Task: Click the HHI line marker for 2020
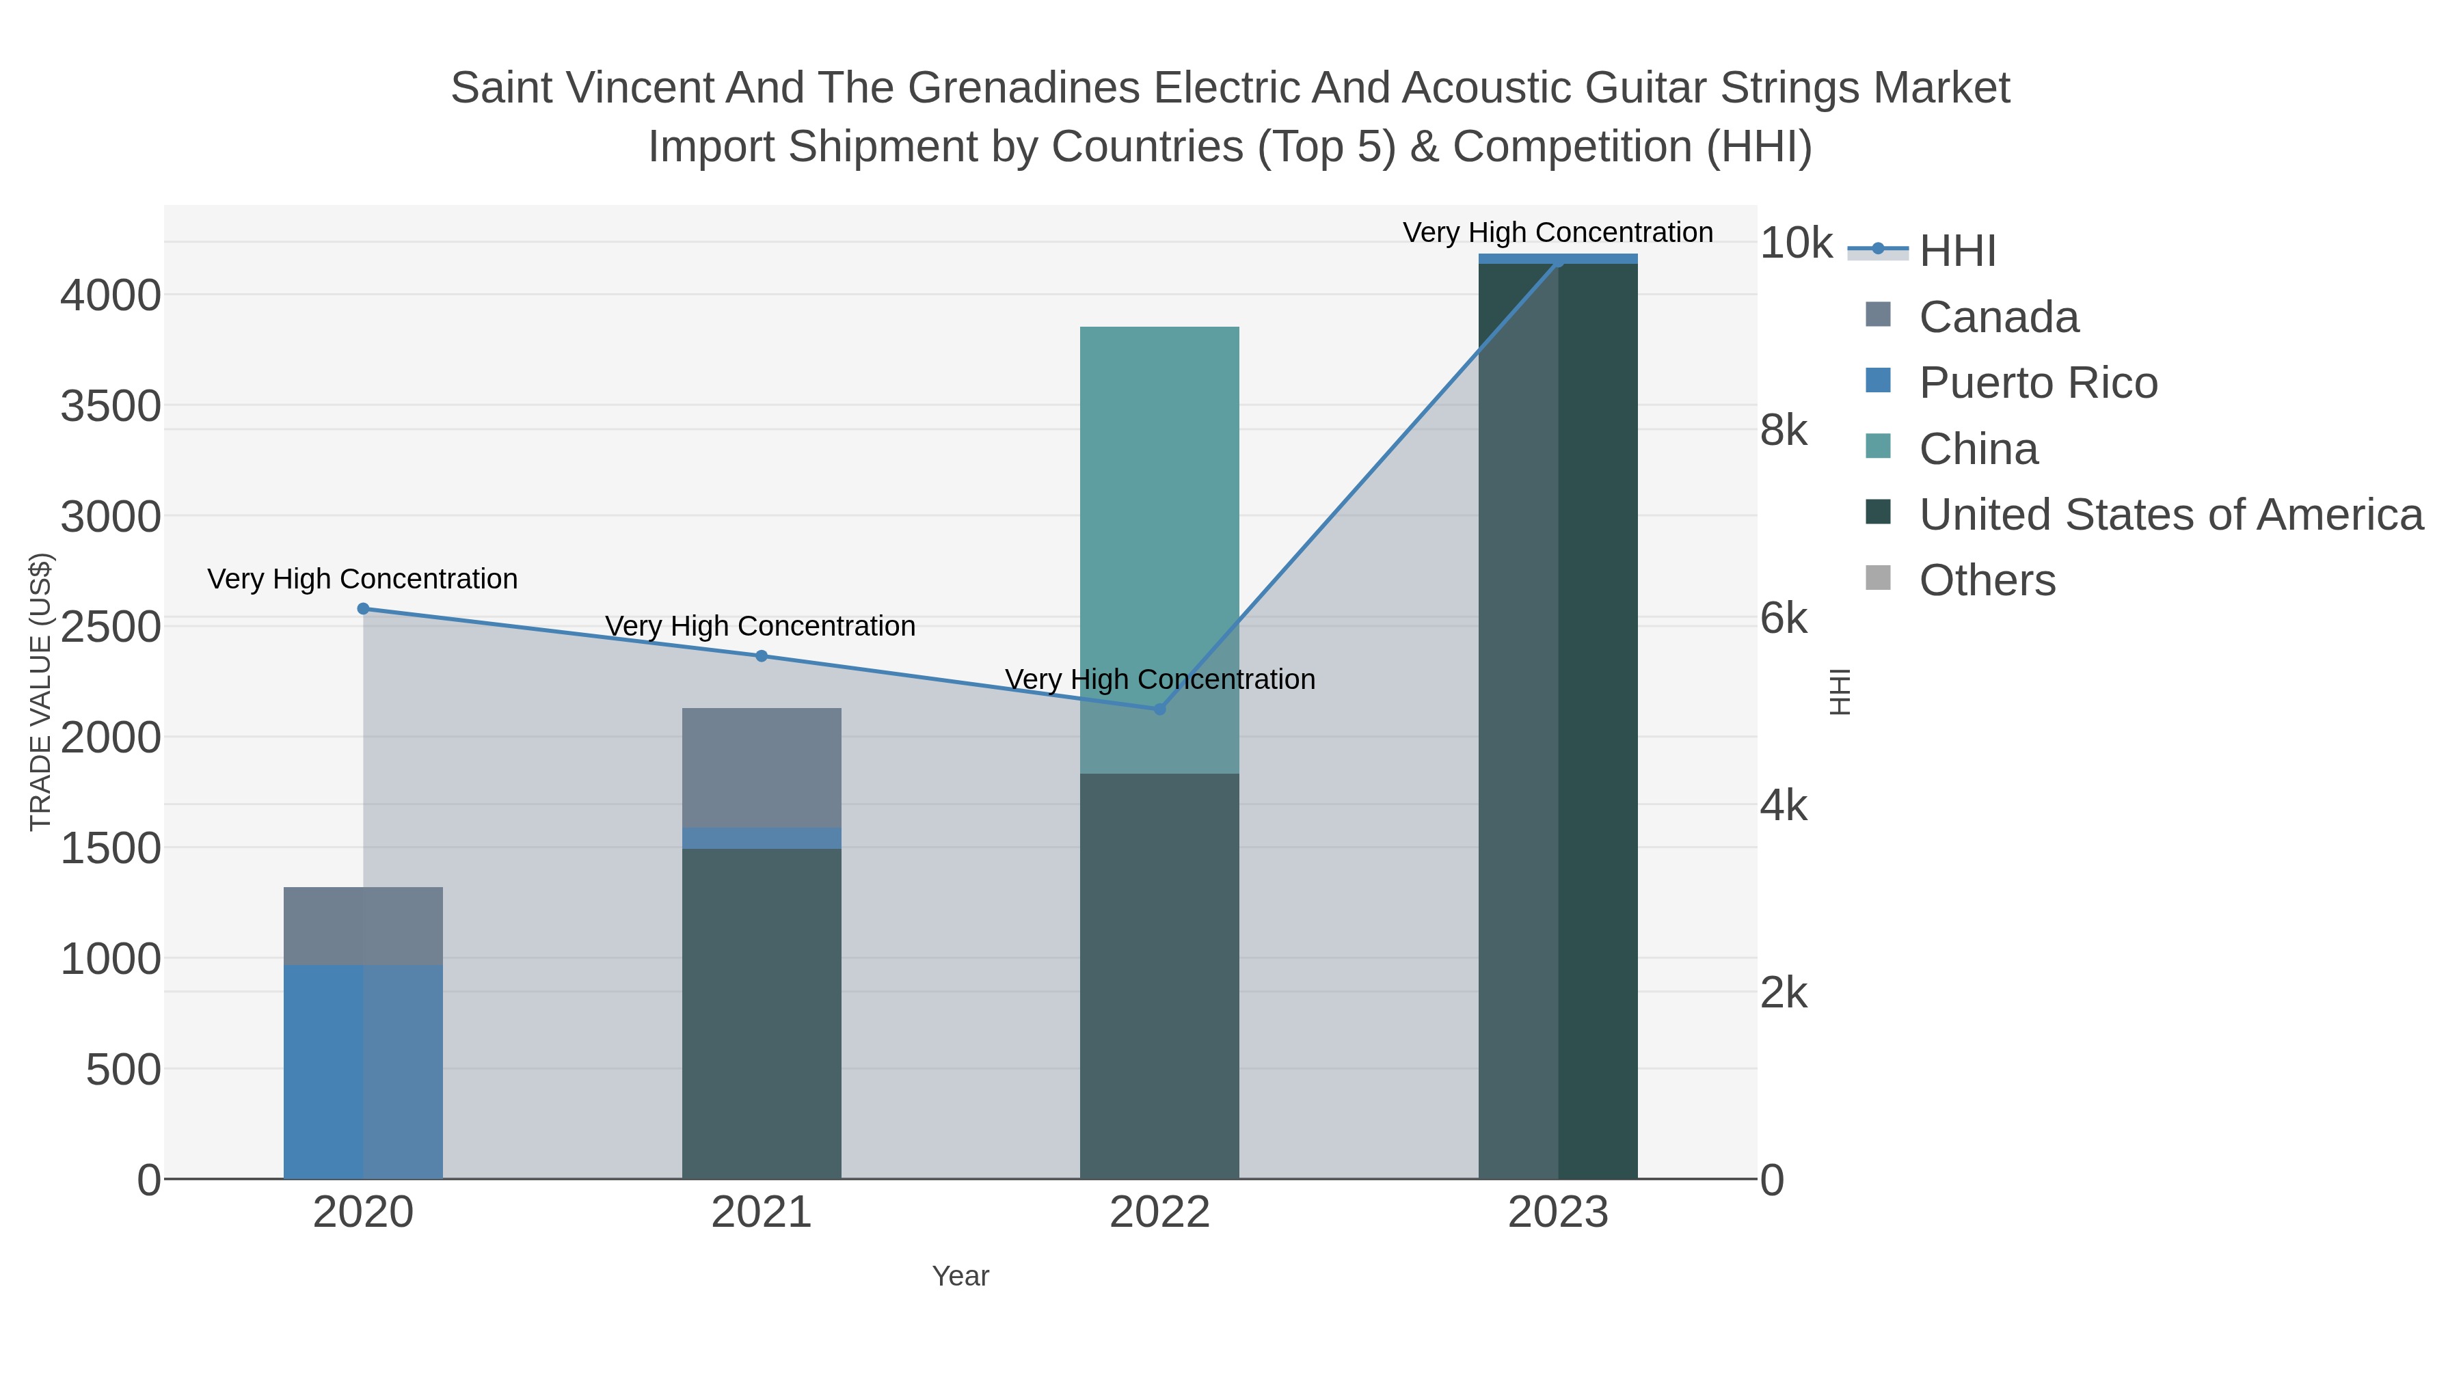tap(363, 608)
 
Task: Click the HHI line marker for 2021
tap(762, 656)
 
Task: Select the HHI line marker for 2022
tap(1160, 709)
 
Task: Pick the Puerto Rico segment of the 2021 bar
tap(762, 838)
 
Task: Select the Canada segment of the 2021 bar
tap(762, 767)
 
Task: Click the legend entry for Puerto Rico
tap(2038, 383)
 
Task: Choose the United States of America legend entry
tap(2170, 515)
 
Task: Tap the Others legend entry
tap(1987, 581)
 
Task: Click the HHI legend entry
tap(1956, 252)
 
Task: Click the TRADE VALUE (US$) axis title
tap(40, 692)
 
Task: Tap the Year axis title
tap(960, 1276)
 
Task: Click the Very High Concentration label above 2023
tap(1557, 232)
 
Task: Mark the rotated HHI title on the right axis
tap(1840, 692)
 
